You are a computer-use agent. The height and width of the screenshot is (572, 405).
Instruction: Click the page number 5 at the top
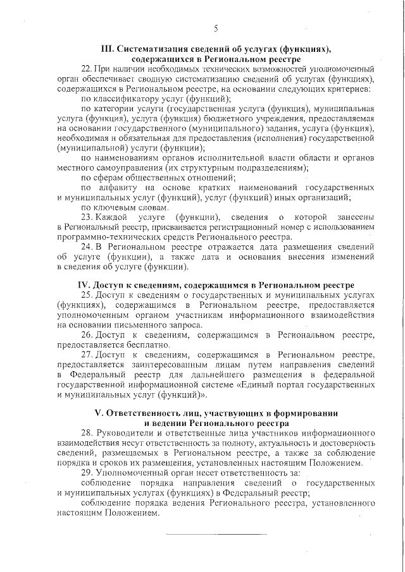[x=216, y=28]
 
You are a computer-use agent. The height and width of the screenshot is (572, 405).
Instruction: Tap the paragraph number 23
[x=87, y=217]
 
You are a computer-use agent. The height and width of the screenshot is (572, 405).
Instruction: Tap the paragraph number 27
[x=87, y=355]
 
